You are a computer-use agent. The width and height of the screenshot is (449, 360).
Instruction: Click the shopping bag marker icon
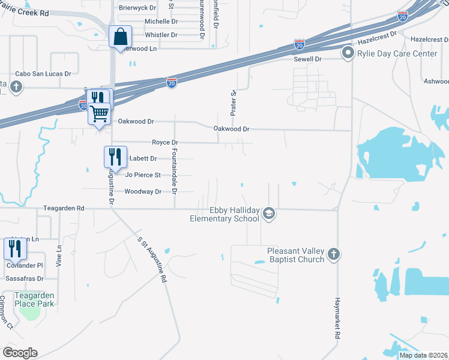click(x=120, y=37)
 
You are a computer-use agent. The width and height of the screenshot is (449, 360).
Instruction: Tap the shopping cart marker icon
click(x=99, y=113)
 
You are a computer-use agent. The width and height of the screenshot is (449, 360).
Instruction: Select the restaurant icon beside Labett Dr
click(x=115, y=157)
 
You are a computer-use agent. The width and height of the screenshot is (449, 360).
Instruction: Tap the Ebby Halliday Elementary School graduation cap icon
click(x=270, y=214)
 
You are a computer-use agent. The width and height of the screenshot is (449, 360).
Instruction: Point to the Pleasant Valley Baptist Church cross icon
click(x=334, y=255)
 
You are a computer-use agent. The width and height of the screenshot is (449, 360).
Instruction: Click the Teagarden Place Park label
click(x=35, y=299)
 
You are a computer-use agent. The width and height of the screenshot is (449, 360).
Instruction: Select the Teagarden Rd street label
click(x=64, y=208)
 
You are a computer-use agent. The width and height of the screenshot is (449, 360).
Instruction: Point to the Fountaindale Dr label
click(x=175, y=171)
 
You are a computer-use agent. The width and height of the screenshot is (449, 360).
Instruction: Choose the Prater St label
click(x=234, y=103)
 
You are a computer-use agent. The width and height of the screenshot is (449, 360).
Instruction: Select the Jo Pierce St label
click(x=143, y=175)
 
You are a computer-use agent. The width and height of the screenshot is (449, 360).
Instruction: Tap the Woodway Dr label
click(x=143, y=191)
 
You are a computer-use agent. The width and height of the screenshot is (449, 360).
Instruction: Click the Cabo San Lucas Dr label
click(x=43, y=74)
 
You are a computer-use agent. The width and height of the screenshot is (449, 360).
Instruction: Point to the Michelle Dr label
click(x=161, y=21)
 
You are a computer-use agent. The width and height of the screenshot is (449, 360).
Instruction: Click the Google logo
click(x=20, y=352)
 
